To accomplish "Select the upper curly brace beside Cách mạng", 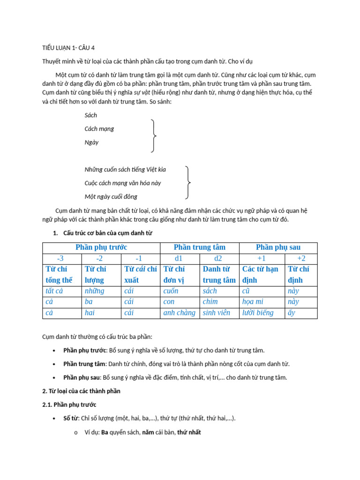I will (153, 136).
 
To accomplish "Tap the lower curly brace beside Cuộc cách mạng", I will (188, 182).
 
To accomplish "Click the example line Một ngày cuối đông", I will (111, 196).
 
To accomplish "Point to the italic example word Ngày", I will (91, 142).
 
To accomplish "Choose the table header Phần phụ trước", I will (101, 247).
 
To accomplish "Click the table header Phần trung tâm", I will (200, 247).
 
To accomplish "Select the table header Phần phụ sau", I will (278, 247).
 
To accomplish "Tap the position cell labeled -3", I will (62, 258).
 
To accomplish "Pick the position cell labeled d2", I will (219, 258).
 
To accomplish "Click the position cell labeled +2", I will (301, 258).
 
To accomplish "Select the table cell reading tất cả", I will (54, 291).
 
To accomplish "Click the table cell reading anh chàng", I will (179, 313).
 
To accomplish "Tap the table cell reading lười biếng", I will (258, 313).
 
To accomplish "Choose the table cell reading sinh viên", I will (217, 313).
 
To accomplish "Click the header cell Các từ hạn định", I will (261, 274).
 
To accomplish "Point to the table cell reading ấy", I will (292, 313).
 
